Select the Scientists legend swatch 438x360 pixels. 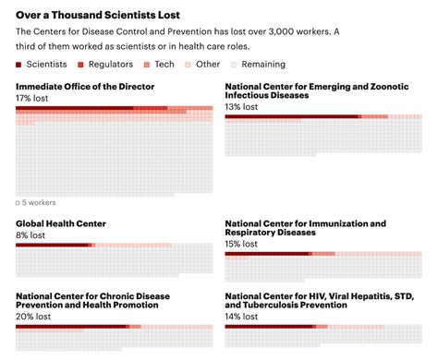point(20,65)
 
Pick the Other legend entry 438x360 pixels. point(209,65)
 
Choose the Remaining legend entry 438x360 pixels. point(262,65)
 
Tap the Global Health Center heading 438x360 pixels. point(61,223)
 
